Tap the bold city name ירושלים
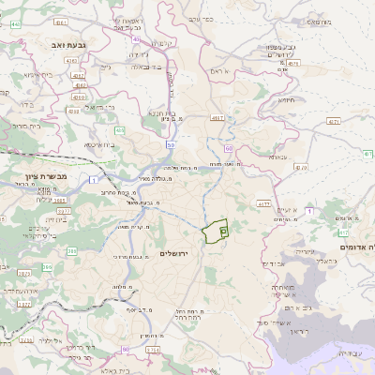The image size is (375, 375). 175,254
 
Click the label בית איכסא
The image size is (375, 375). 100,145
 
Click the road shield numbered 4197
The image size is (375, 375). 218,119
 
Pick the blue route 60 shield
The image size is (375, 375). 229,148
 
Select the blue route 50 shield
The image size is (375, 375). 170,145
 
